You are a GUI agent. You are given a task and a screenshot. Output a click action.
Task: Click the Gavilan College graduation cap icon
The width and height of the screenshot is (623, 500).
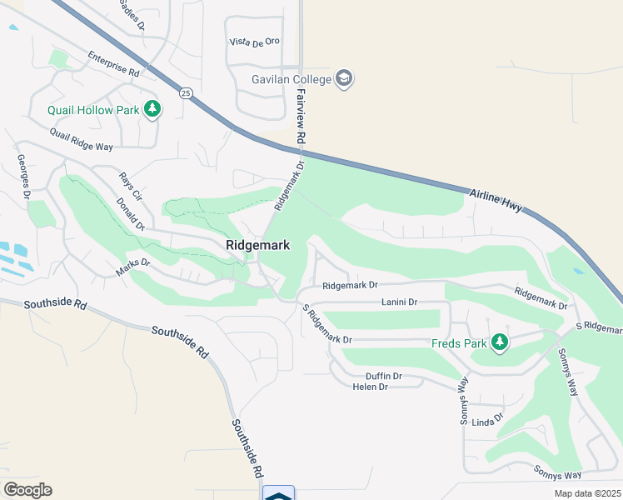pyautogui.click(x=345, y=79)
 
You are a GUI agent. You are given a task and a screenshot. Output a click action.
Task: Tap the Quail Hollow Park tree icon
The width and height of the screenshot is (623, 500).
pyautogui.click(x=152, y=108)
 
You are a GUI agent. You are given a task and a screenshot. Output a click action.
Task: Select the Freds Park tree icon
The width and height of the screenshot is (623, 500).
pyautogui.click(x=499, y=342)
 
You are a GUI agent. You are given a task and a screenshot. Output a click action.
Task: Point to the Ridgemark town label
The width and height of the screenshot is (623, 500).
pyautogui.click(x=257, y=245)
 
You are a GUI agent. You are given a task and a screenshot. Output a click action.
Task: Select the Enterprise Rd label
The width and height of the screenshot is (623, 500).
pyautogui.click(x=113, y=66)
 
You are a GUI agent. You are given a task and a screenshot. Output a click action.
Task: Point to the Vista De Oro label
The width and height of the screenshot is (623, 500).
pyautogui.click(x=255, y=42)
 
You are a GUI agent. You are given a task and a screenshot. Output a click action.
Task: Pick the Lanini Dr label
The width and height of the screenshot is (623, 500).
pyautogui.click(x=399, y=302)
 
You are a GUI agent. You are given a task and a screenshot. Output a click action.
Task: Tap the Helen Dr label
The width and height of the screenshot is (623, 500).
pyautogui.click(x=371, y=387)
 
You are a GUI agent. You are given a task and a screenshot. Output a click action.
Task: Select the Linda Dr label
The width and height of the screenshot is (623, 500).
pyautogui.click(x=488, y=421)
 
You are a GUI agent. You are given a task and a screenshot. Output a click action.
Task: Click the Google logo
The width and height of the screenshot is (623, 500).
pyautogui.click(x=27, y=489)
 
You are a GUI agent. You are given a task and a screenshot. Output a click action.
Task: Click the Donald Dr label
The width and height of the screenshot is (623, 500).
pyautogui.click(x=131, y=213)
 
